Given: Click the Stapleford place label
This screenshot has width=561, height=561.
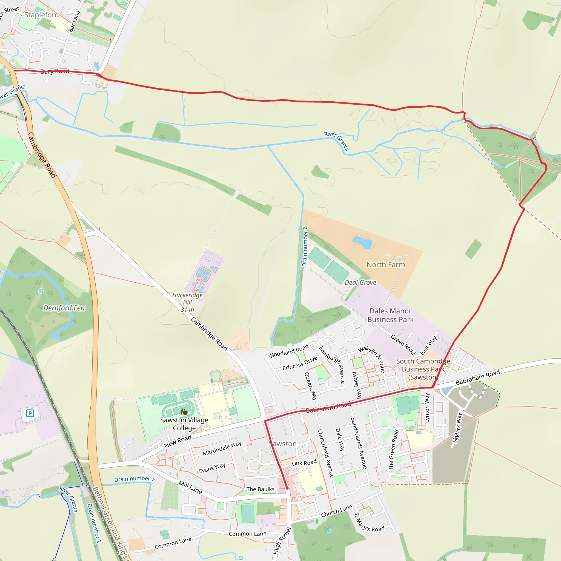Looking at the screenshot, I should [x=42, y=15].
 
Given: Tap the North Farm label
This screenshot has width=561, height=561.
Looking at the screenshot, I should [x=386, y=265].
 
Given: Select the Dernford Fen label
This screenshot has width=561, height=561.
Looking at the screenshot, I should [x=64, y=308].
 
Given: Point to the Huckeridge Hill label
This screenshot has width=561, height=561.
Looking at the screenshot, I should [x=187, y=302].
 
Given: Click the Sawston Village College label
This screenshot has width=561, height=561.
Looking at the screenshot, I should [x=184, y=424].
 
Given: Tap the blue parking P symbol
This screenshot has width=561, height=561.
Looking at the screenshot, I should [x=30, y=413].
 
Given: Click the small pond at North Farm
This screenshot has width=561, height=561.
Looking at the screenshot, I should [x=362, y=242].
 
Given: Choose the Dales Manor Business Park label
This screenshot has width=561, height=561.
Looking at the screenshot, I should [x=390, y=315].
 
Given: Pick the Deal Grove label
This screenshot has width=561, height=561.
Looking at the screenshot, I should [x=360, y=282].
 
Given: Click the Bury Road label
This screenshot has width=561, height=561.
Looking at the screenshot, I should [x=55, y=71].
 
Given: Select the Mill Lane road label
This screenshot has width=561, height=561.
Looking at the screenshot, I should [x=190, y=487].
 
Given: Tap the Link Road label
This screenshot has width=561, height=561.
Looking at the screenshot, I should [x=304, y=463].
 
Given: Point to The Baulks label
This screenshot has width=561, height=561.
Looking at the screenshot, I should [x=260, y=489].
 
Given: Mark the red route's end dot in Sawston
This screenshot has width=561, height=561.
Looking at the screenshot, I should [x=287, y=488].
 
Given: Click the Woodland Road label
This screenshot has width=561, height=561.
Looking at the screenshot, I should [x=288, y=351].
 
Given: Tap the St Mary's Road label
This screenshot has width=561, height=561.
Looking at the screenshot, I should [x=369, y=522].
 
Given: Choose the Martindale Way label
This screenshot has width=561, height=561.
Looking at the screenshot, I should [x=222, y=449].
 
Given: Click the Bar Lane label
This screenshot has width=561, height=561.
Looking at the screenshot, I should [x=74, y=21].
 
